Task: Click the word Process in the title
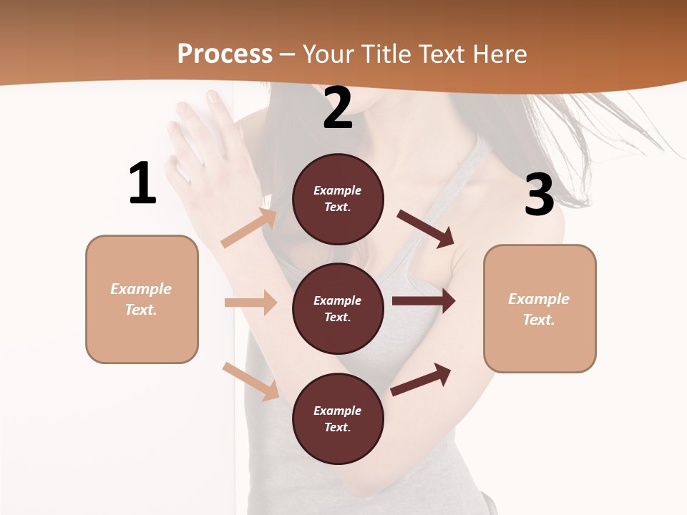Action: click(225, 54)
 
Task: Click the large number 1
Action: click(142, 183)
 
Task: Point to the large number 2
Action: click(338, 108)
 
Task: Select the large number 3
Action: click(539, 195)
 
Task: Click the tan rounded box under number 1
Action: click(142, 299)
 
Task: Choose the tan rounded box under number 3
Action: click(540, 309)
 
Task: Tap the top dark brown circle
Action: click(338, 199)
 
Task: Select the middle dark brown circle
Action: click(338, 308)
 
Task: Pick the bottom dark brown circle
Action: click(338, 418)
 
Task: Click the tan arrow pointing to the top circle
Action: click(250, 228)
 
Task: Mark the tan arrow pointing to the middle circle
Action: click(250, 303)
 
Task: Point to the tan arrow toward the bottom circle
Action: click(251, 381)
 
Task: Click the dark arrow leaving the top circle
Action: click(426, 229)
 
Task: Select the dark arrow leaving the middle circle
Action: click(423, 301)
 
